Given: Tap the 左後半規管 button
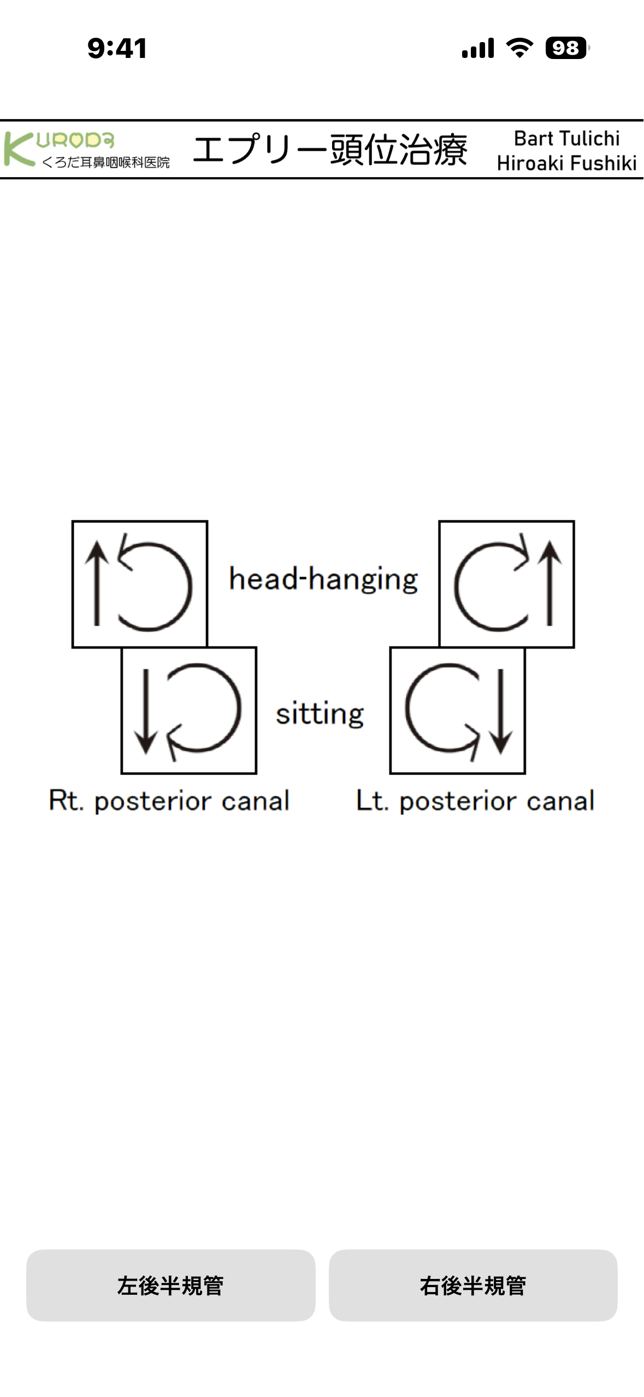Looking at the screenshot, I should point(170,1286).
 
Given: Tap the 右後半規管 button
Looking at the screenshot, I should point(473,1286).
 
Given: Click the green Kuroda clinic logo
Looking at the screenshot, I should point(86,149).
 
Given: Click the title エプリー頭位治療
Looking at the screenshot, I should point(330,150).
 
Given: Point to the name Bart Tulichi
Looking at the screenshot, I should point(566,139).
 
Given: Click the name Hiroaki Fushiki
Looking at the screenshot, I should point(566,163).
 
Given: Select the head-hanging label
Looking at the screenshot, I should point(323,579).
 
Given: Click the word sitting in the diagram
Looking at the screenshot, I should point(320,714).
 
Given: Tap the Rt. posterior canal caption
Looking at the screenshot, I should point(169,801).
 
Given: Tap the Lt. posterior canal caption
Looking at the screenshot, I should point(475,801).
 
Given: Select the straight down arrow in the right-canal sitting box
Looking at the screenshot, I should point(145,711).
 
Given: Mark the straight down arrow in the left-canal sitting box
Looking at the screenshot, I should point(501,711).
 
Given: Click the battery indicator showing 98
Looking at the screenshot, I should point(566,48).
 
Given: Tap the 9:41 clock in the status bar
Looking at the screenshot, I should point(117,48).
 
